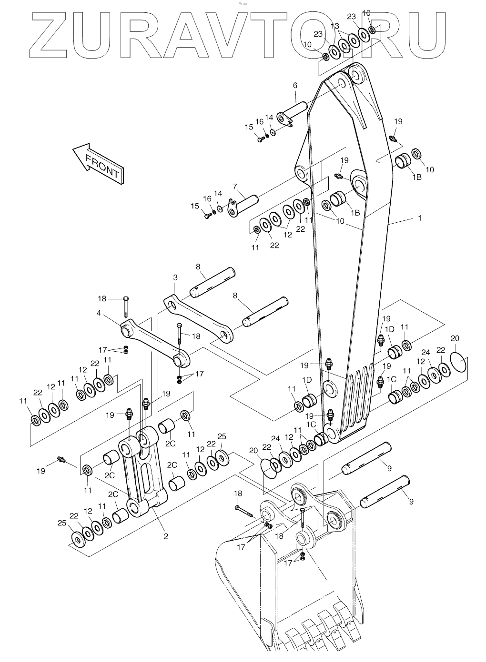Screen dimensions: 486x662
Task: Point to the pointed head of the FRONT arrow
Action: (73, 150)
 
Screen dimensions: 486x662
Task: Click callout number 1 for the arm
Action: (420, 218)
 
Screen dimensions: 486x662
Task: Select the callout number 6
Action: (295, 86)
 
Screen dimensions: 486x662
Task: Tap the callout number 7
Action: (235, 187)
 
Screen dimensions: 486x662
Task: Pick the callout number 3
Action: (175, 277)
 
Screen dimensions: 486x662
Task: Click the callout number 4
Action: (99, 313)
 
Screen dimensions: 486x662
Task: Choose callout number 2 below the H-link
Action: (166, 536)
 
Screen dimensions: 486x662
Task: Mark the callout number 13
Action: (335, 26)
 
